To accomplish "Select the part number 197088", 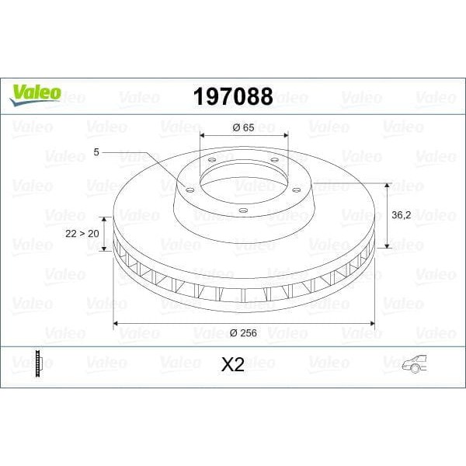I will click(232, 97).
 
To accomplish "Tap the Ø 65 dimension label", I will click(243, 127).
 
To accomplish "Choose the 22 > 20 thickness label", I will click(83, 232).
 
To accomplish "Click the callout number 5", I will click(96, 153).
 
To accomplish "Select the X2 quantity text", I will click(233, 365).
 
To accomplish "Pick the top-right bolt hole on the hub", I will click(273, 160).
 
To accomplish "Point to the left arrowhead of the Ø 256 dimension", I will click(117, 322).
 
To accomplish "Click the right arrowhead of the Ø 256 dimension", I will click(372, 322).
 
